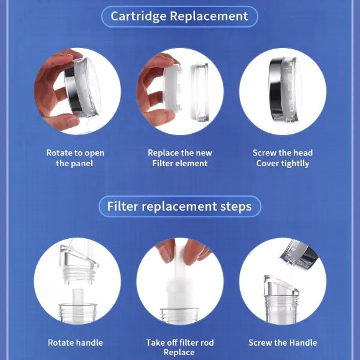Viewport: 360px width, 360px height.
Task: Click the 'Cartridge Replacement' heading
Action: click(179, 16)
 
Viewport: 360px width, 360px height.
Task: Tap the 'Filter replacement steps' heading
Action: click(179, 206)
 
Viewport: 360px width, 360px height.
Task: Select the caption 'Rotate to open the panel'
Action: click(75, 158)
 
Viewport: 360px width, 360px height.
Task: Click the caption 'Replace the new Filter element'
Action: click(180, 158)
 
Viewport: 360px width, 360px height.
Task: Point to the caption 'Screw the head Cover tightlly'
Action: click(283, 158)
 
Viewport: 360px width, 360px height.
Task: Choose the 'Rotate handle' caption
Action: click(76, 343)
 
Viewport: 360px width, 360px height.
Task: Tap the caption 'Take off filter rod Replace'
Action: click(180, 347)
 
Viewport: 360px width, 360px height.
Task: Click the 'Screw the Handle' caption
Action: click(283, 343)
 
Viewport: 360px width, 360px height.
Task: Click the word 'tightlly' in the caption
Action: click(295, 164)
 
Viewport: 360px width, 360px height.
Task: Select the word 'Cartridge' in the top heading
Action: click(138, 17)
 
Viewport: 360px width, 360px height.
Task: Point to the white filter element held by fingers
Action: click(172, 88)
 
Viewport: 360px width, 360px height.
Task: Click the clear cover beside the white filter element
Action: click(200, 92)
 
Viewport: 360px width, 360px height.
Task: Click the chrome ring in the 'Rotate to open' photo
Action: click(73, 92)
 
